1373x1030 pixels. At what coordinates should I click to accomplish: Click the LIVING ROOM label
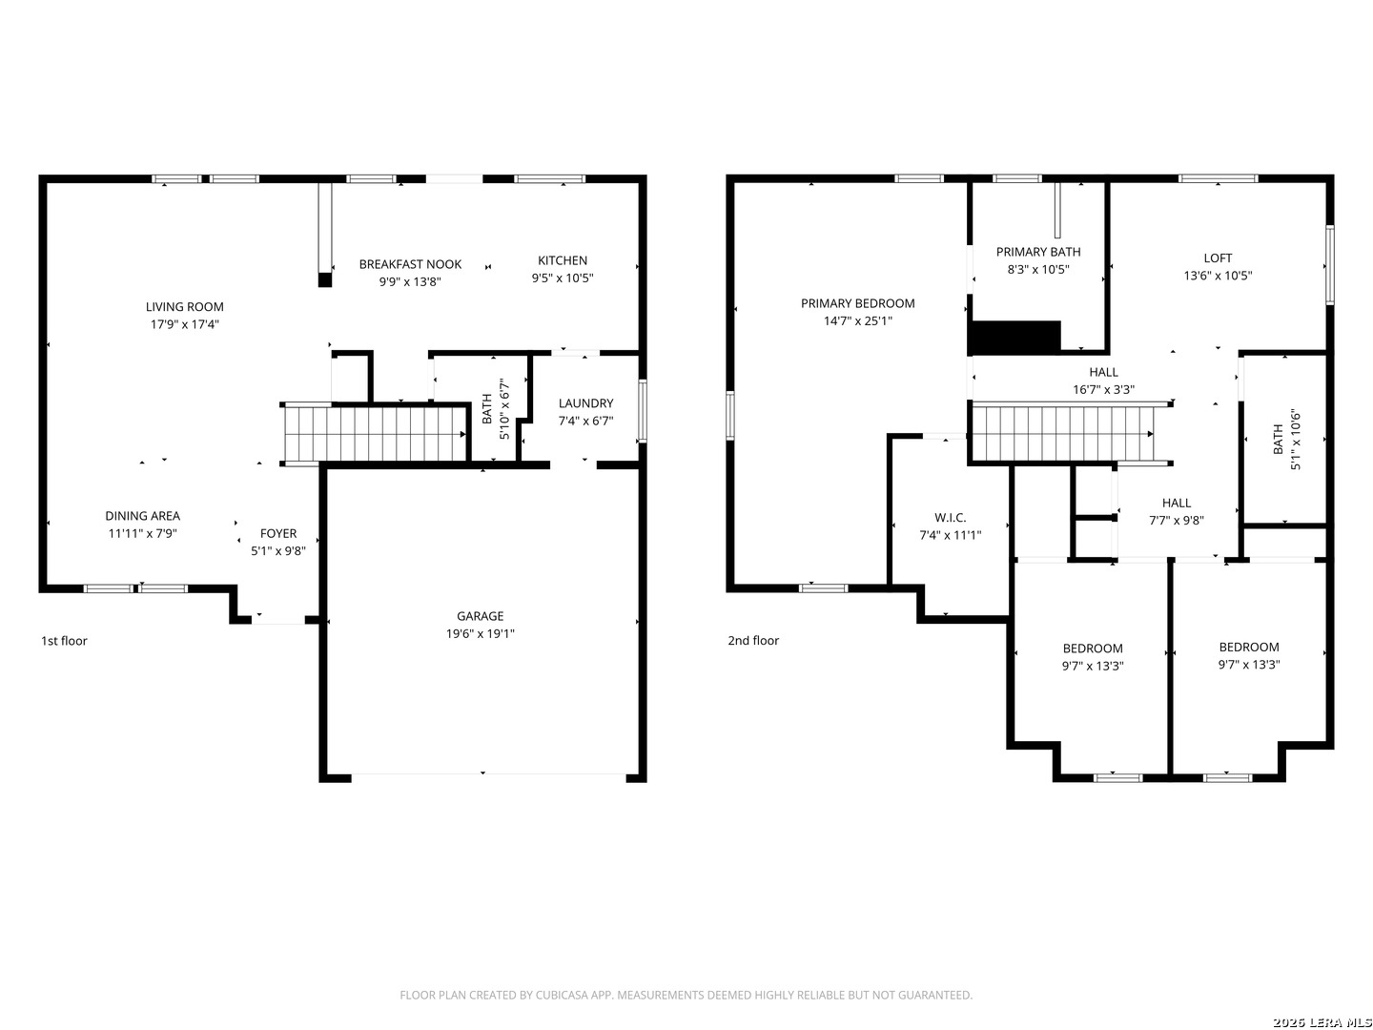click(x=185, y=307)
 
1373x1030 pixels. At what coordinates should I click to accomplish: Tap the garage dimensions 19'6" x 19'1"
click(x=480, y=634)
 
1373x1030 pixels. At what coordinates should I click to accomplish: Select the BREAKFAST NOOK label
click(x=410, y=264)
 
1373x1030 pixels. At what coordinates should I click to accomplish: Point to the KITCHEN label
click(x=563, y=260)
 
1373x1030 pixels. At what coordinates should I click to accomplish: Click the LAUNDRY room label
click(x=585, y=403)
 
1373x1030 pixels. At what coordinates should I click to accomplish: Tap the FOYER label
click(x=278, y=534)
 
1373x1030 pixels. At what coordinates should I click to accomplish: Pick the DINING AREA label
click(x=142, y=516)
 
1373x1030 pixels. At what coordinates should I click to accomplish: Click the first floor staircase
click(x=376, y=434)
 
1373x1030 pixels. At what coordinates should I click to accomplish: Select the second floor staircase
click(x=1064, y=434)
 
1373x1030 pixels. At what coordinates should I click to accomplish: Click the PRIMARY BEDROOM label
click(x=857, y=303)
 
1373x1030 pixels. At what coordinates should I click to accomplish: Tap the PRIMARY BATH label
click(x=1038, y=252)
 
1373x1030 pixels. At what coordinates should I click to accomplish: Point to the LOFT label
click(x=1218, y=257)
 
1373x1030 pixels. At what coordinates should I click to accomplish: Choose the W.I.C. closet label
click(x=950, y=518)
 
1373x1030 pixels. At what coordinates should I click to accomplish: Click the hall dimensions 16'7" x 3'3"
click(x=1103, y=390)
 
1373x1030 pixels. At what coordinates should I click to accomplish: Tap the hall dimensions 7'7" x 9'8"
click(x=1177, y=521)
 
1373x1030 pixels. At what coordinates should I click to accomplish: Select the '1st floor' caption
click(x=64, y=641)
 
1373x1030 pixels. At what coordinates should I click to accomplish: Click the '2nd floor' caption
click(x=753, y=641)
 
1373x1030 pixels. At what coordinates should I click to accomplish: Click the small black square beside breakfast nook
click(x=324, y=280)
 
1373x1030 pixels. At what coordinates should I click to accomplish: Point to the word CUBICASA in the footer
click(x=561, y=996)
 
